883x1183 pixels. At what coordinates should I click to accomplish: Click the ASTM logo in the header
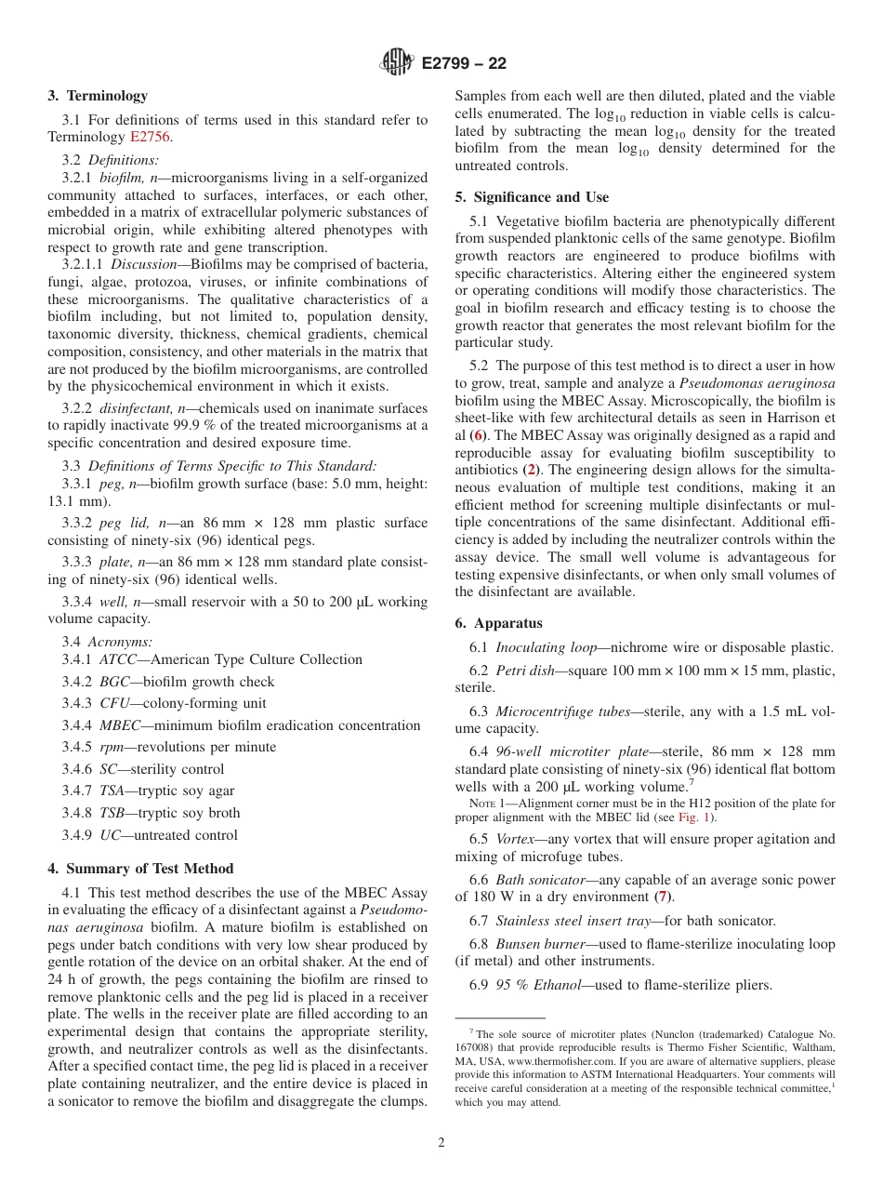tap(397, 63)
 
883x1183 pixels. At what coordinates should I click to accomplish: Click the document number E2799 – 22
tap(464, 64)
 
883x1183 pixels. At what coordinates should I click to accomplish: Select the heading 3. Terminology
tap(98, 96)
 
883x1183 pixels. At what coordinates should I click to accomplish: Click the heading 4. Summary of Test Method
tap(140, 869)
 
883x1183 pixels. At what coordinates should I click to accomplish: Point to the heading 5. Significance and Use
tap(532, 197)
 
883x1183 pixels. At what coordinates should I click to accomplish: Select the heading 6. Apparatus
tap(498, 623)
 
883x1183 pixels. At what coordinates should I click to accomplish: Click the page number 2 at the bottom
tap(441, 1143)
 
